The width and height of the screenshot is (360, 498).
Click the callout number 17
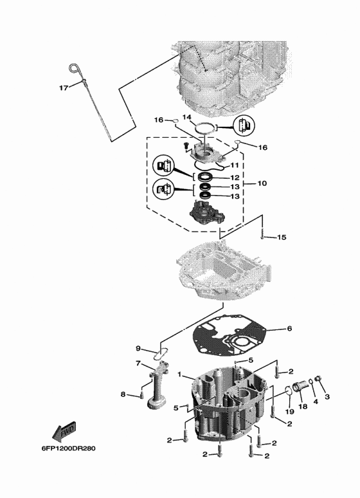click(x=64, y=88)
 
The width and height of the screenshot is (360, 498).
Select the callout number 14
click(x=187, y=118)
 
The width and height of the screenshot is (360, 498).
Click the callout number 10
click(x=262, y=183)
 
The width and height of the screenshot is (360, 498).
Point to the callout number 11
click(x=235, y=165)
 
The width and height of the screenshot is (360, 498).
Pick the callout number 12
click(x=235, y=178)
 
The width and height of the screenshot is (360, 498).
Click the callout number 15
click(x=282, y=237)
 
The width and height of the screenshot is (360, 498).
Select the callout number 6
click(x=289, y=328)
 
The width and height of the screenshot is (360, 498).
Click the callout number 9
click(x=138, y=349)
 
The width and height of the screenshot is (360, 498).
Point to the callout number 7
click(x=138, y=363)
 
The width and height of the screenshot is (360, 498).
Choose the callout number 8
click(x=123, y=394)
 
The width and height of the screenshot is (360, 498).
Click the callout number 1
click(x=180, y=374)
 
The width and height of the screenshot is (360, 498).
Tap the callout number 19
click(x=289, y=412)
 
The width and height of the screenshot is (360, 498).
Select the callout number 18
click(x=303, y=406)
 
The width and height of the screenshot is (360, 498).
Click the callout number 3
click(x=327, y=396)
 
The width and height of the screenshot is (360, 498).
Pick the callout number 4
click(x=316, y=401)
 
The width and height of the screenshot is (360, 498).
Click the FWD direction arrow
click(x=64, y=431)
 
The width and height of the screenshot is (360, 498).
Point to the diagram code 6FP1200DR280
click(x=68, y=448)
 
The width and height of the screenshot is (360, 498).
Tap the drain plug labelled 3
click(x=318, y=378)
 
